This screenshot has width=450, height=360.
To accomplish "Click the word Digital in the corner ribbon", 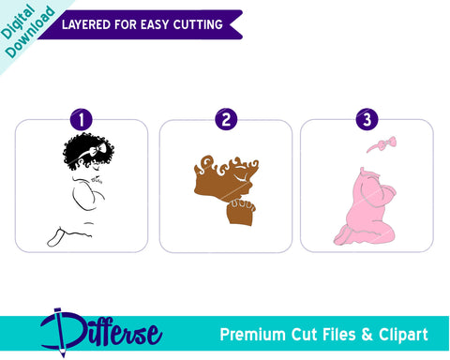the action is click(x=17, y=22).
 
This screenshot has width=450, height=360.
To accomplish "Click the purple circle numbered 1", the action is click(x=82, y=119).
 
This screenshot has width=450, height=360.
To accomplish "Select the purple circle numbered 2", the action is click(x=226, y=119).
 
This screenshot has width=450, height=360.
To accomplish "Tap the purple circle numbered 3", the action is click(x=367, y=119).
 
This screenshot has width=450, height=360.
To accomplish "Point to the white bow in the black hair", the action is click(x=97, y=149).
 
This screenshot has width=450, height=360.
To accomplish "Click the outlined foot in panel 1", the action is click(x=55, y=237).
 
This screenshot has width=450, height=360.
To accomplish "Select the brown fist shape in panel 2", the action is click(x=241, y=212).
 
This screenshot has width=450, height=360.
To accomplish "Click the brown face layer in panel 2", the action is click(x=225, y=181).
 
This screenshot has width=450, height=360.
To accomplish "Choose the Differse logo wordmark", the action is click(x=101, y=331).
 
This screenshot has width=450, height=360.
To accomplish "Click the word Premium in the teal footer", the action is click(x=252, y=335).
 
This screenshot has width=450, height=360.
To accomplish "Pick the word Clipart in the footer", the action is click(x=403, y=335).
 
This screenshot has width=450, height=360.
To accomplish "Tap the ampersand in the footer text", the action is click(x=367, y=335).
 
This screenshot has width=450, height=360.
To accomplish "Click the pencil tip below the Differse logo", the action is click(x=64, y=355).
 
